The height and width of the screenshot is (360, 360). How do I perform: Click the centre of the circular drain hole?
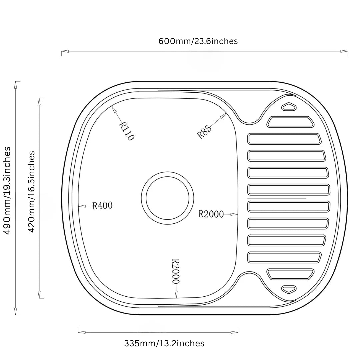tap(167, 198)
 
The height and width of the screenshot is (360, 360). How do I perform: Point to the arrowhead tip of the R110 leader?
tap(112, 106)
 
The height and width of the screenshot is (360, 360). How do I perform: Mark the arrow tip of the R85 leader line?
tap(226, 113)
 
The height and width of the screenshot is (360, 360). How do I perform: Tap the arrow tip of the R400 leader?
tap(78, 206)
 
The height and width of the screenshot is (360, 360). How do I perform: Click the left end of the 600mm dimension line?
tap(61, 51)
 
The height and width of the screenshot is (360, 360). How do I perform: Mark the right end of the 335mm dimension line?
tap(238, 332)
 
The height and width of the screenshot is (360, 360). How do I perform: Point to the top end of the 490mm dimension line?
tap(16, 81)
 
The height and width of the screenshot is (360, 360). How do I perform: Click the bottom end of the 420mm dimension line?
tap(39, 298)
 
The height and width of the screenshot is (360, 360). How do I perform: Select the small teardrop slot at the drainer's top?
tap(289, 107)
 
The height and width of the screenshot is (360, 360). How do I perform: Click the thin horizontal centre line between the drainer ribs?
tap(277, 198)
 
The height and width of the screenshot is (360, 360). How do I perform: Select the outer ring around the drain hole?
tap(167, 198)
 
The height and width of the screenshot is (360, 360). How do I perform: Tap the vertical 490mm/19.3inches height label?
tap(7, 191)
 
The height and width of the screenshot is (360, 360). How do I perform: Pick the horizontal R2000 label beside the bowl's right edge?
tap(211, 214)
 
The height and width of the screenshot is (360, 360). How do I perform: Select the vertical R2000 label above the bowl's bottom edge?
tap(176, 271)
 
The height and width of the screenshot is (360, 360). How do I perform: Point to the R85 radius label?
tap(204, 132)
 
